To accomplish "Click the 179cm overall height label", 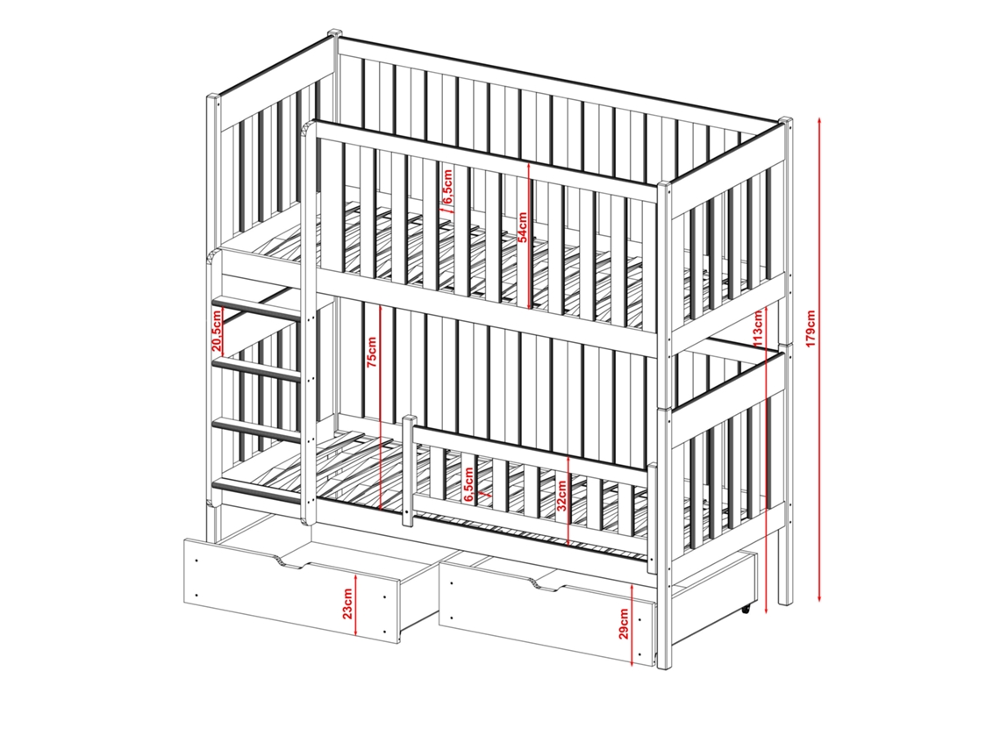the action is [x=811, y=328].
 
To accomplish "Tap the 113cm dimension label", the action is [x=758, y=328].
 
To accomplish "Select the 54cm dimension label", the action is [x=522, y=227].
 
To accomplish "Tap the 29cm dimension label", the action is [x=624, y=623].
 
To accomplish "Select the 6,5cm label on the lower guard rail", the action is [x=468, y=485].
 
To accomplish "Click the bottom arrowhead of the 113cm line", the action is [x=767, y=609].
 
